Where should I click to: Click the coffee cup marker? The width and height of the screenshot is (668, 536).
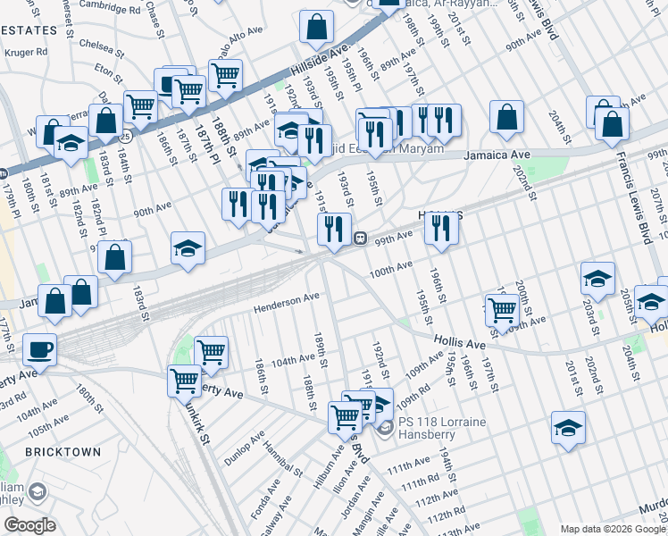[x=40, y=349]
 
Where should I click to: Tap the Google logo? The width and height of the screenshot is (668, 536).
[x=30, y=525]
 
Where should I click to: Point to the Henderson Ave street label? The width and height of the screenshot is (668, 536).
[x=286, y=305]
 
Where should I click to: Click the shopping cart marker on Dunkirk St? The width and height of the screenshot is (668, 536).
[x=184, y=381]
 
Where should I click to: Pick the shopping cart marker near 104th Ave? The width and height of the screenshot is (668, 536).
[x=211, y=352]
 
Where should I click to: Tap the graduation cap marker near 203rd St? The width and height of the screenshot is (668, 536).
[x=597, y=279]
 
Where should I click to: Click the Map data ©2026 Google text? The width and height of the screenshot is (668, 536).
[x=612, y=528]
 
